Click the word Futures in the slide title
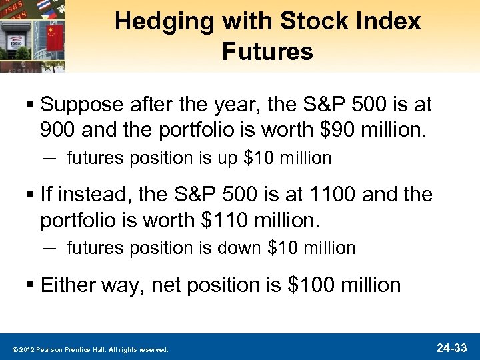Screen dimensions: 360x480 [267, 52]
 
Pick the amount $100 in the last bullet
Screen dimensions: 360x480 [311, 285]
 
